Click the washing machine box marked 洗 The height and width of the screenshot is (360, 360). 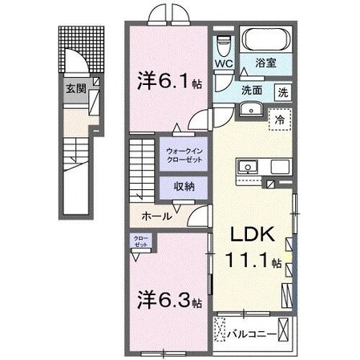click(283, 91)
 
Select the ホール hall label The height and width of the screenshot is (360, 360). click(155, 216)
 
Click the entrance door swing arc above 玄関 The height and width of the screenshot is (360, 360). click(78, 60)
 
